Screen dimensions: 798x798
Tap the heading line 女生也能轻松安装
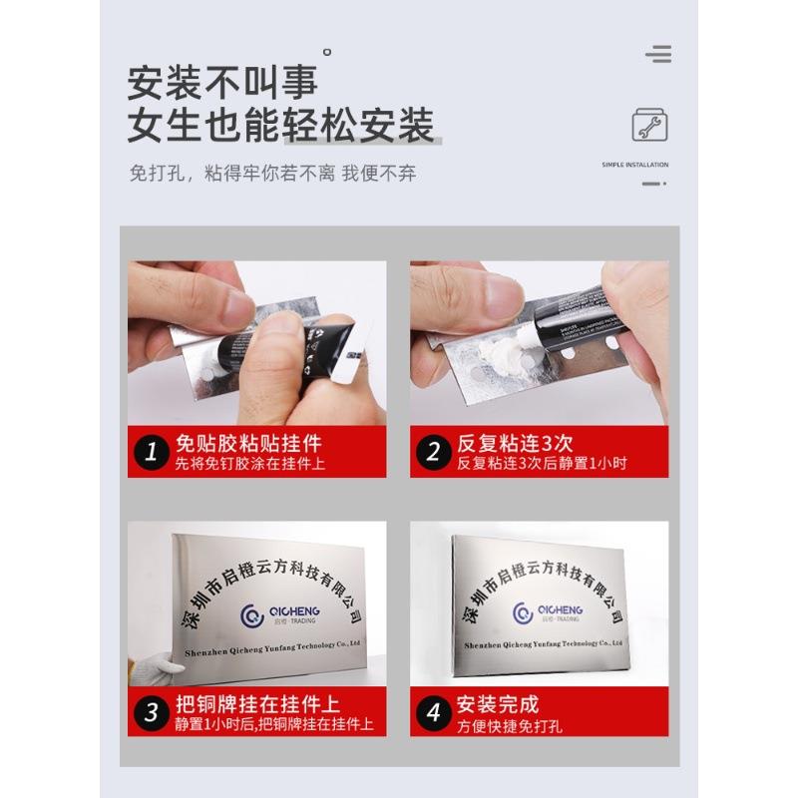[280, 127]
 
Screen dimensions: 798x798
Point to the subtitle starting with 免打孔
[272, 173]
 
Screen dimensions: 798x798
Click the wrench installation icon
[649, 126]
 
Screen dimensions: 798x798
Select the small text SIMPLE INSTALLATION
[635, 165]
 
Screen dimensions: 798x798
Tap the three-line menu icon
[657, 54]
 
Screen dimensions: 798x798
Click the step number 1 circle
[151, 452]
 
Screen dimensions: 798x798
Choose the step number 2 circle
[433, 452]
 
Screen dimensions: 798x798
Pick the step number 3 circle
[151, 711]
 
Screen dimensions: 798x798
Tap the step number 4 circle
[433, 711]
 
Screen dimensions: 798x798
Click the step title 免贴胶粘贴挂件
[248, 443]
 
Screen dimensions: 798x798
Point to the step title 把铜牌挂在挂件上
[256, 702]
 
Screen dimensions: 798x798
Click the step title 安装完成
[498, 702]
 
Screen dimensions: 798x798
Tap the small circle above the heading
[327, 51]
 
